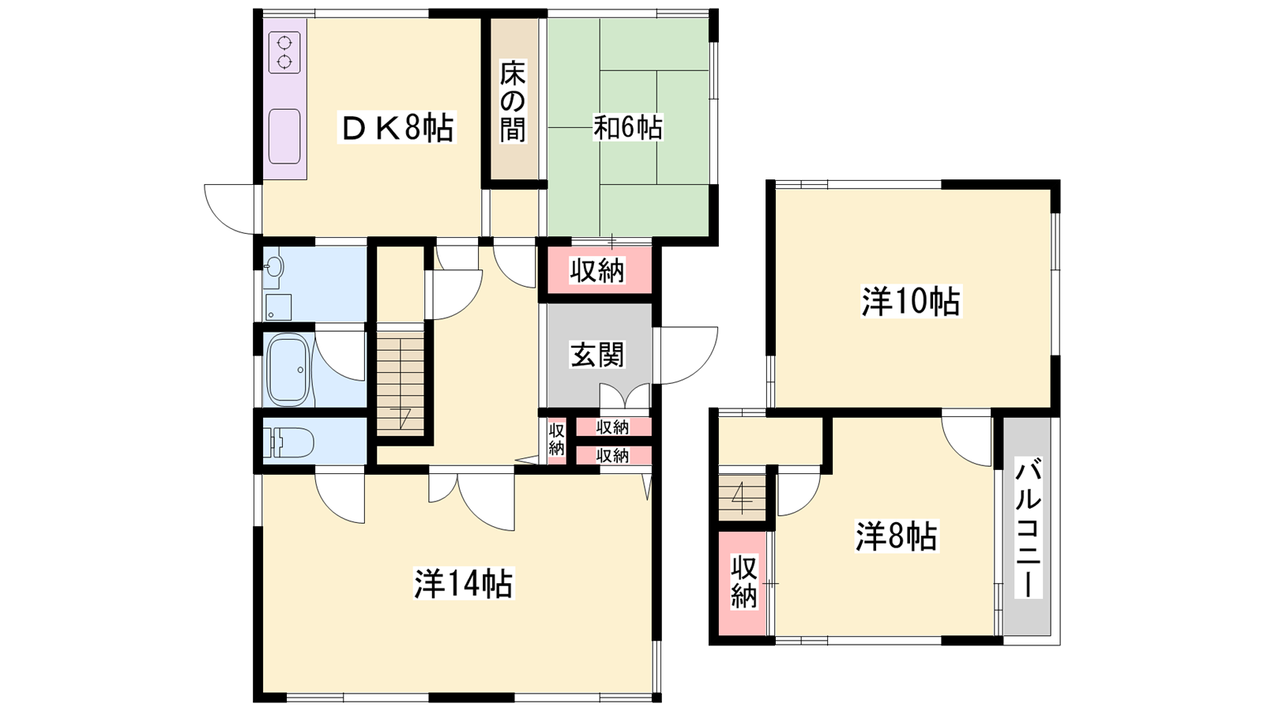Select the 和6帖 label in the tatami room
(x=627, y=127)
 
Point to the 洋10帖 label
(x=910, y=302)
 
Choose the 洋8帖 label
(x=896, y=536)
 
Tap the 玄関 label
(x=597, y=355)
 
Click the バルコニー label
(x=1028, y=530)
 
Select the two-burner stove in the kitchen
(x=284, y=52)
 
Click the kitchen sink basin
(x=284, y=136)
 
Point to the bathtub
(x=289, y=370)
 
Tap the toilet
(x=291, y=442)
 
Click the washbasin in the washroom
(x=273, y=267)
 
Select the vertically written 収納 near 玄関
(x=556, y=439)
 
